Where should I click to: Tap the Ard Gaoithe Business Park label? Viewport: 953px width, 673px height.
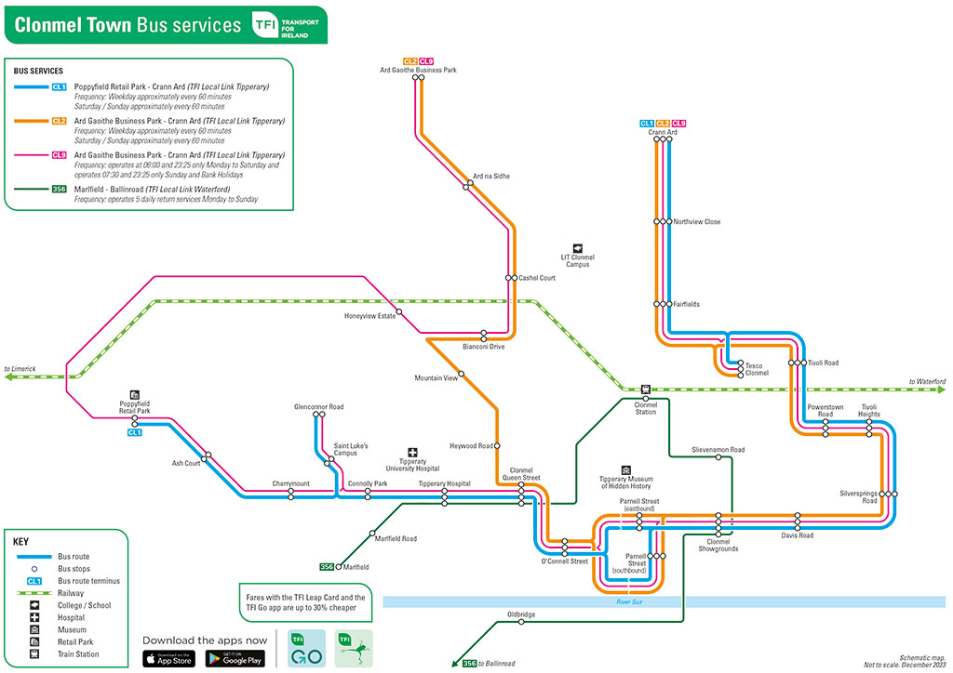tap(418, 70)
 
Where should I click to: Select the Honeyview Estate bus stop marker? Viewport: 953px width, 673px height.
tap(398, 310)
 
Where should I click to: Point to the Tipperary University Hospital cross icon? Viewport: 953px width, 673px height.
tap(413, 452)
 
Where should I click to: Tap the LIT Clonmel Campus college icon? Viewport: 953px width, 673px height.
tap(577, 247)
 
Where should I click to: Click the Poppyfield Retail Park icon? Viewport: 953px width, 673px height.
tap(135, 394)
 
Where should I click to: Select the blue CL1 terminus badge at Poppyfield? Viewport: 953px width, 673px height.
tap(135, 432)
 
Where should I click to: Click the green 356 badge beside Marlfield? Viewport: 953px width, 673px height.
tap(327, 566)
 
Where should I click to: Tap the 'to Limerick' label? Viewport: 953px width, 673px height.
tap(20, 369)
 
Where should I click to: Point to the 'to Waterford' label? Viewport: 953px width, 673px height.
tap(927, 382)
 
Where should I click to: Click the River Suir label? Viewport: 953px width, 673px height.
tap(629, 602)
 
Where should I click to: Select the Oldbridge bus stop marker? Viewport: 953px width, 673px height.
tap(521, 622)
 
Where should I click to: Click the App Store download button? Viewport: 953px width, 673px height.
tap(168, 658)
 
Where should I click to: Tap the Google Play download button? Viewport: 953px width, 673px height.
tap(235, 658)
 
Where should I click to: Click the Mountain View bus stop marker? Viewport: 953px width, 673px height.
tap(462, 374)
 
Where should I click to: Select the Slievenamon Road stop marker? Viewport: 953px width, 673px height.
tap(718, 457)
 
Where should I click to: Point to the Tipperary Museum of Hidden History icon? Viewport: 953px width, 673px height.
tap(625, 470)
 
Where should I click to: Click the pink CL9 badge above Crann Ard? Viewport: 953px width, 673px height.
tap(679, 124)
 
